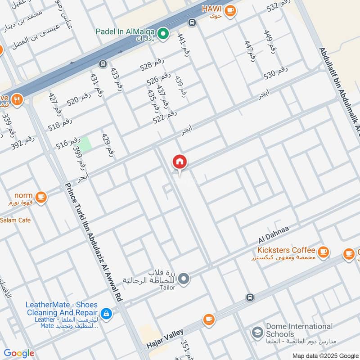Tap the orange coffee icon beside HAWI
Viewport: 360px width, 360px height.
point(230,11)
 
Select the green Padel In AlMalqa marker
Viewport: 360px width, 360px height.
point(164,32)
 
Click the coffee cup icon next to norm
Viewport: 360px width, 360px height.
point(41,197)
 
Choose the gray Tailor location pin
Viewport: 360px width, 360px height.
point(184,279)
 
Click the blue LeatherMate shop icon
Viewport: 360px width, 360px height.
point(106,313)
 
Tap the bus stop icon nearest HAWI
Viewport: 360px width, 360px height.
point(192,22)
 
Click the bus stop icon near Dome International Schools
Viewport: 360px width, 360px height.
point(249,297)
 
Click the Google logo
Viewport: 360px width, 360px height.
point(19,353)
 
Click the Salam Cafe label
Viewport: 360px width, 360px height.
point(15,220)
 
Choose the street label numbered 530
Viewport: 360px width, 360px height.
point(275,73)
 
